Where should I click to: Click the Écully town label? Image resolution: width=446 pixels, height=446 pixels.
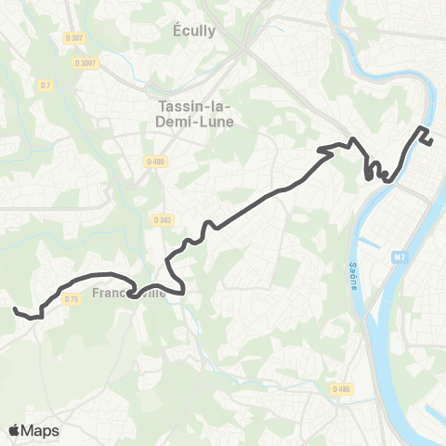pyautogui.click(x=194, y=31)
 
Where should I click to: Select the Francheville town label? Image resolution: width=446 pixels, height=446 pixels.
pyautogui.click(x=130, y=294)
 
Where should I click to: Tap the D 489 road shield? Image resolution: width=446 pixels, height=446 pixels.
pyautogui.click(x=154, y=161)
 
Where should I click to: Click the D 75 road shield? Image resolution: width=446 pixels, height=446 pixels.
pyautogui.click(x=72, y=298)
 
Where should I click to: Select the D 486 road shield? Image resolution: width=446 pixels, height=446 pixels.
pyautogui.click(x=341, y=390)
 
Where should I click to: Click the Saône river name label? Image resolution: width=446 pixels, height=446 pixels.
pyautogui.click(x=354, y=275)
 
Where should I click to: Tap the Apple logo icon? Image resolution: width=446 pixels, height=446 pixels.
pyautogui.click(x=16, y=430)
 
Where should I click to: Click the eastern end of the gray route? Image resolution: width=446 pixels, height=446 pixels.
pyautogui.click(x=432, y=141)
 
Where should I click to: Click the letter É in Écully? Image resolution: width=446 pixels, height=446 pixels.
pyautogui.click(x=177, y=31)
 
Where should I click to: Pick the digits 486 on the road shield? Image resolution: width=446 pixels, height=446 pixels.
pyautogui.click(x=345, y=390)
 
